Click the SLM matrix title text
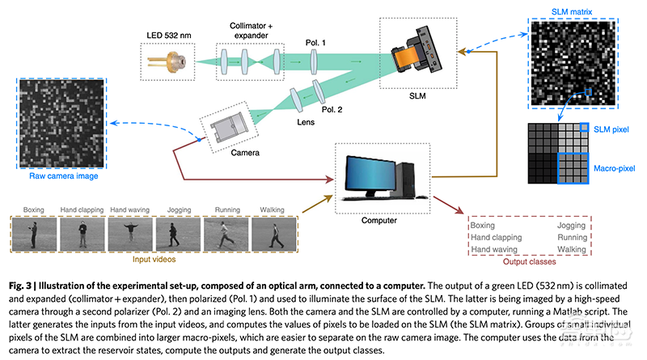coord(587,7)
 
